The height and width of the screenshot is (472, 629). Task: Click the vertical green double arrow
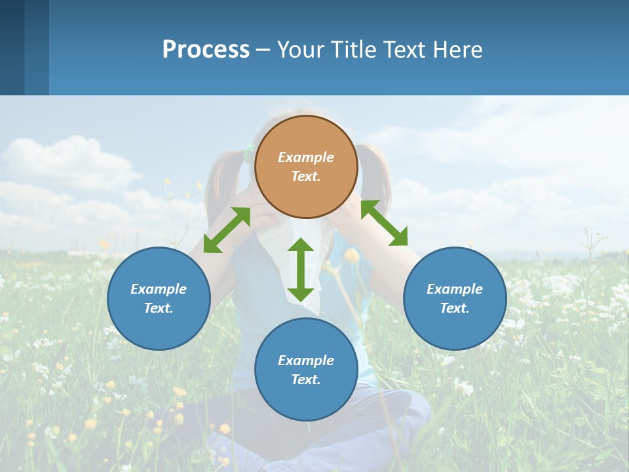(x=301, y=269)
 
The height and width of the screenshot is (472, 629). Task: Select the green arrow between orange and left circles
(x=227, y=230)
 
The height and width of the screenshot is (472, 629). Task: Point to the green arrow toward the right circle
(x=384, y=223)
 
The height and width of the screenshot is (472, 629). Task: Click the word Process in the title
(x=206, y=49)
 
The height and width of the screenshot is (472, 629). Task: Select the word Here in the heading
(x=459, y=49)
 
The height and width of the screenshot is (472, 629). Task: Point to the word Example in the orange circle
(x=306, y=157)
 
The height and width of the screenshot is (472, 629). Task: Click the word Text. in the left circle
(x=159, y=308)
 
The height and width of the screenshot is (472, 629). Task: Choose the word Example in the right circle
(x=455, y=289)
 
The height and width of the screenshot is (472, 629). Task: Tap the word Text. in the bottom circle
(x=306, y=380)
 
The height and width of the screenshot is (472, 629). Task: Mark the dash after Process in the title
(x=263, y=50)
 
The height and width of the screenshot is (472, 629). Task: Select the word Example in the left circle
(x=159, y=289)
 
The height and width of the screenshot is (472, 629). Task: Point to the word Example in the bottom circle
(x=306, y=361)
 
